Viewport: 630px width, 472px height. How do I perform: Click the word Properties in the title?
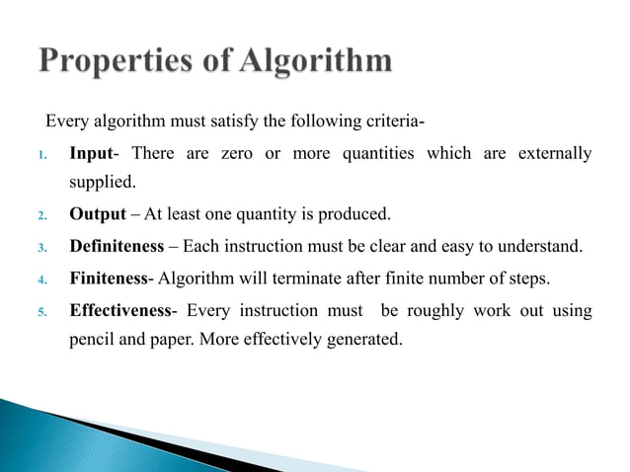pos(119,61)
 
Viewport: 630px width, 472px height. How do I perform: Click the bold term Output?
pos(98,214)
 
